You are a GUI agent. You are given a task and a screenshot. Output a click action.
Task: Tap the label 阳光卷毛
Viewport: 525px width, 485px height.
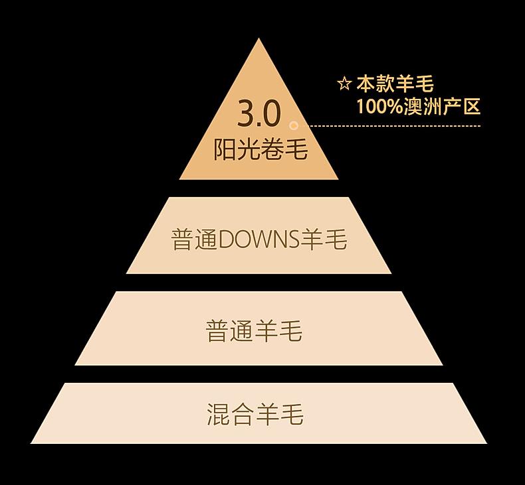(261, 149)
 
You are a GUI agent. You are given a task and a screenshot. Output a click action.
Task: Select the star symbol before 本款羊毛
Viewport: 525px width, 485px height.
(344, 84)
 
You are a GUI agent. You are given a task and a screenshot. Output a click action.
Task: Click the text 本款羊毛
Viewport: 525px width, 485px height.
(395, 84)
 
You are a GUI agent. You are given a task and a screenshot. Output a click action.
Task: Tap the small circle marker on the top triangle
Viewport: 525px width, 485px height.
(294, 125)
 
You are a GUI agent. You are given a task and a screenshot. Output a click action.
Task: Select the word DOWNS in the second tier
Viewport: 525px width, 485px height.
(259, 240)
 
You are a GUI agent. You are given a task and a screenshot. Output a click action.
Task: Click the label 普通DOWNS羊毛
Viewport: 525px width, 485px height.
(259, 240)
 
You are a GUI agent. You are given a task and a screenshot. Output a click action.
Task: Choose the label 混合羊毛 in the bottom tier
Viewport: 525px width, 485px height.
(255, 414)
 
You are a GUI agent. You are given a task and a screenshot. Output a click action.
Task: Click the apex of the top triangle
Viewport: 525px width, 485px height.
(259, 41)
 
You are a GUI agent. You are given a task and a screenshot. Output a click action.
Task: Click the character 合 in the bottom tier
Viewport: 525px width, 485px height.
(243, 414)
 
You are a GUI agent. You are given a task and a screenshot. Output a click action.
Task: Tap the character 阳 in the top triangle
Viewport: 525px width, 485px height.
(225, 149)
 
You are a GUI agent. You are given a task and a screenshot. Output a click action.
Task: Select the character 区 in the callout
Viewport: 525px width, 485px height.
(471, 106)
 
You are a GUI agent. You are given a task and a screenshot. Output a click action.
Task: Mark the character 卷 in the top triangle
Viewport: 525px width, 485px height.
(272, 149)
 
